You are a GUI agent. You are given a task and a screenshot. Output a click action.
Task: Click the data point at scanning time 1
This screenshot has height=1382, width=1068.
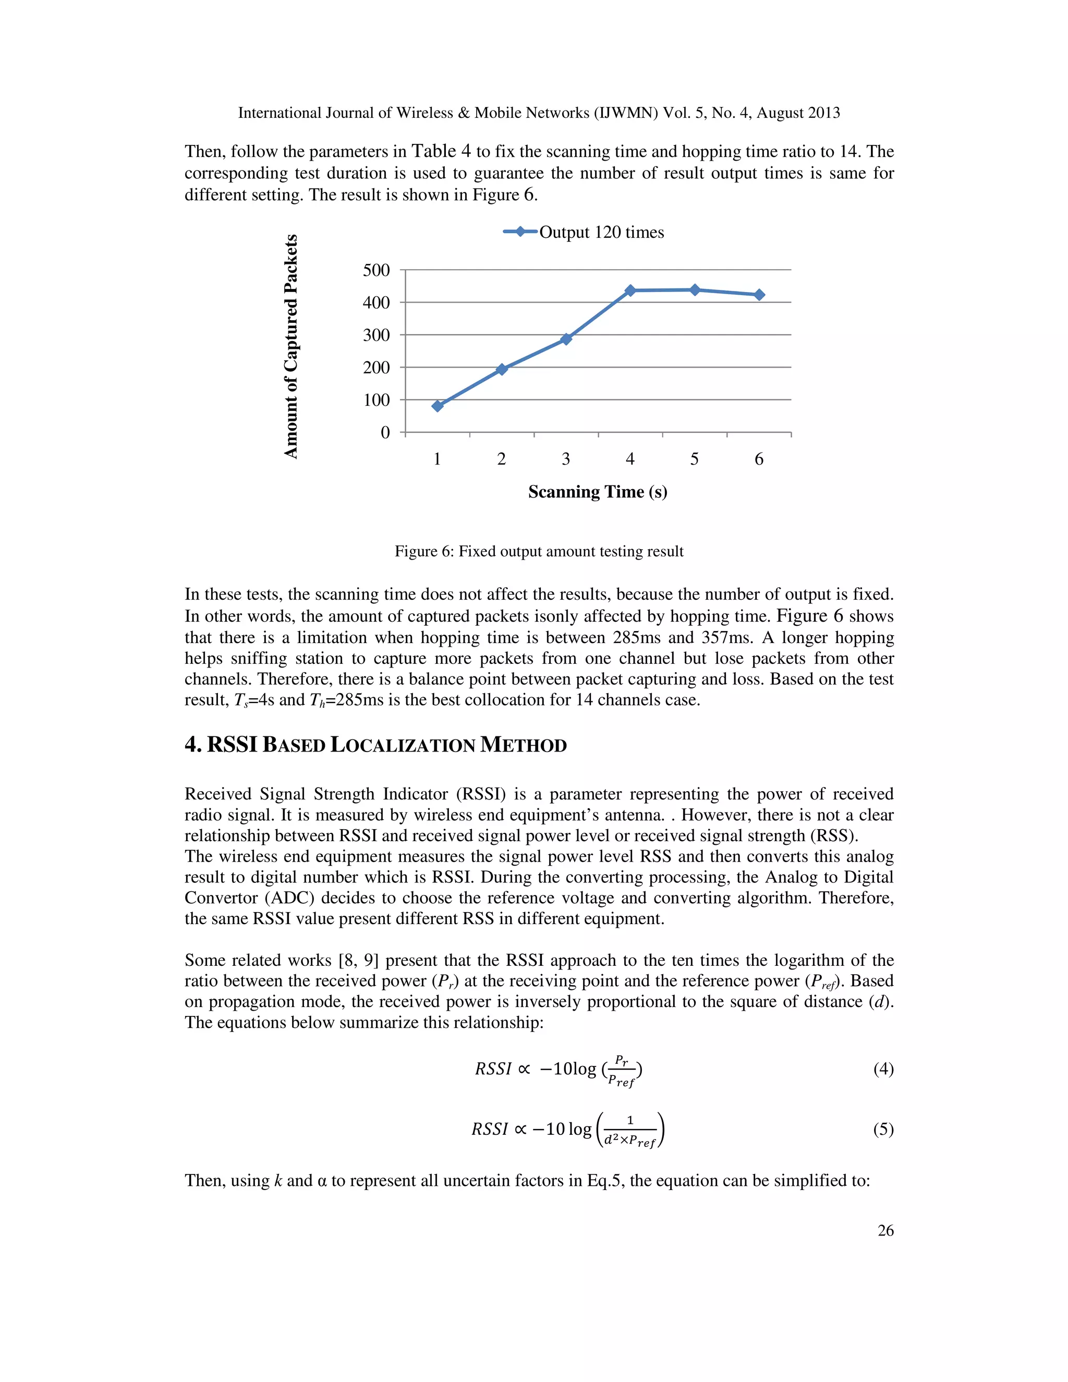[x=437, y=406]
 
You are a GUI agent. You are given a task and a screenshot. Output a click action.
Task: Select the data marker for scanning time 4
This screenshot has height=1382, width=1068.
[x=630, y=290]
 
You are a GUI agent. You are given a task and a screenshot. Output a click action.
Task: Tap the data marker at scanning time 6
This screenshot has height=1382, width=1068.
[x=759, y=295]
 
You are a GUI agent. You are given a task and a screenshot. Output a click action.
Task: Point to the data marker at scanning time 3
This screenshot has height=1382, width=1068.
[x=566, y=339]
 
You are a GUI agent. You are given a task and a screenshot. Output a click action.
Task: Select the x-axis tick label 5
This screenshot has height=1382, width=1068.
[x=694, y=459]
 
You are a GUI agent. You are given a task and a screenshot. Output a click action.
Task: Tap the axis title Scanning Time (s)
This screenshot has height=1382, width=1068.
[x=597, y=492]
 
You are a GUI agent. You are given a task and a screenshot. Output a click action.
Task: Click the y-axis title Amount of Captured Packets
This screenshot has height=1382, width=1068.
[x=290, y=346]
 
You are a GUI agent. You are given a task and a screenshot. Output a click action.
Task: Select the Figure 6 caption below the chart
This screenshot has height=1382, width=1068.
[x=539, y=551]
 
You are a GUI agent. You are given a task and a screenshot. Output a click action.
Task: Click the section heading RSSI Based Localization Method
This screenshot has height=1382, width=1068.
[x=376, y=745]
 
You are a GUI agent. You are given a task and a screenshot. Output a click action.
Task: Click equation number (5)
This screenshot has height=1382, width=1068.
[x=883, y=1129]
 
